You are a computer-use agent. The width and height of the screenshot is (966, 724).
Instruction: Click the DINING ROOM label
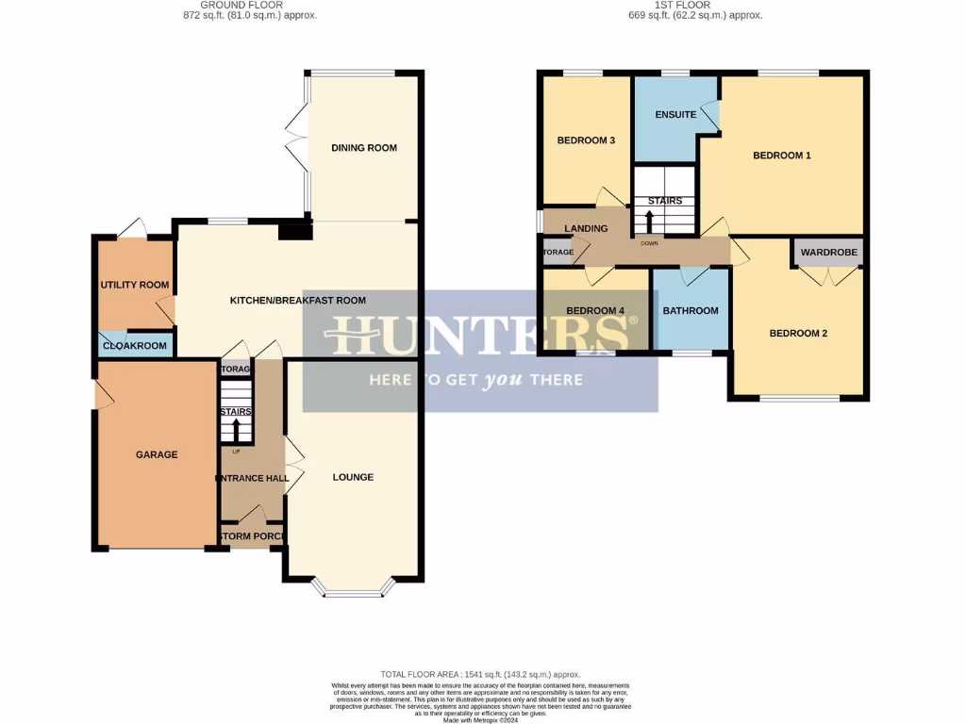(364, 148)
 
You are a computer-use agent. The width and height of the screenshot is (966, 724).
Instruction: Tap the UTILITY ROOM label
(135, 285)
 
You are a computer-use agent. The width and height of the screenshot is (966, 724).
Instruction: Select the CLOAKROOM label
(135, 346)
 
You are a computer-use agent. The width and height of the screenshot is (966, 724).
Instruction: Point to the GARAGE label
(157, 454)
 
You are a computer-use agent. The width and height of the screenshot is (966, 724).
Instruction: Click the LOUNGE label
(353, 477)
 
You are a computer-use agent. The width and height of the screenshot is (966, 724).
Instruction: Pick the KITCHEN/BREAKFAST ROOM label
(298, 301)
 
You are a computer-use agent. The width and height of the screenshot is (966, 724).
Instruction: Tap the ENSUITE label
(675, 115)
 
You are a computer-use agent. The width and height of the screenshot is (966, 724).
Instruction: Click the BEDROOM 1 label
(782, 156)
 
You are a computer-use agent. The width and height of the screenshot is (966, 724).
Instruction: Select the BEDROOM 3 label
(586, 140)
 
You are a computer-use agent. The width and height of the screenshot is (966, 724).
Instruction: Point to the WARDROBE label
(829, 253)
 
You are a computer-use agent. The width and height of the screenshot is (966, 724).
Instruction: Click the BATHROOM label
(691, 311)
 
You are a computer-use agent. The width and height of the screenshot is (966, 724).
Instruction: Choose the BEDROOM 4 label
(595, 311)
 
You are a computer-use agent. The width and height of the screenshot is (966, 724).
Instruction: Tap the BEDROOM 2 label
(798, 333)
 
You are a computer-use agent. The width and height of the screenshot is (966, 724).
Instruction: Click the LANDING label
(586, 229)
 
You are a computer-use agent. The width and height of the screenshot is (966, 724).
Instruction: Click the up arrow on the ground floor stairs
(236, 431)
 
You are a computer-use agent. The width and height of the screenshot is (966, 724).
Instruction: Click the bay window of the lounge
(353, 592)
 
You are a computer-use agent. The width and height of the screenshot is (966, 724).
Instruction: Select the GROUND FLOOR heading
(236, 5)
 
